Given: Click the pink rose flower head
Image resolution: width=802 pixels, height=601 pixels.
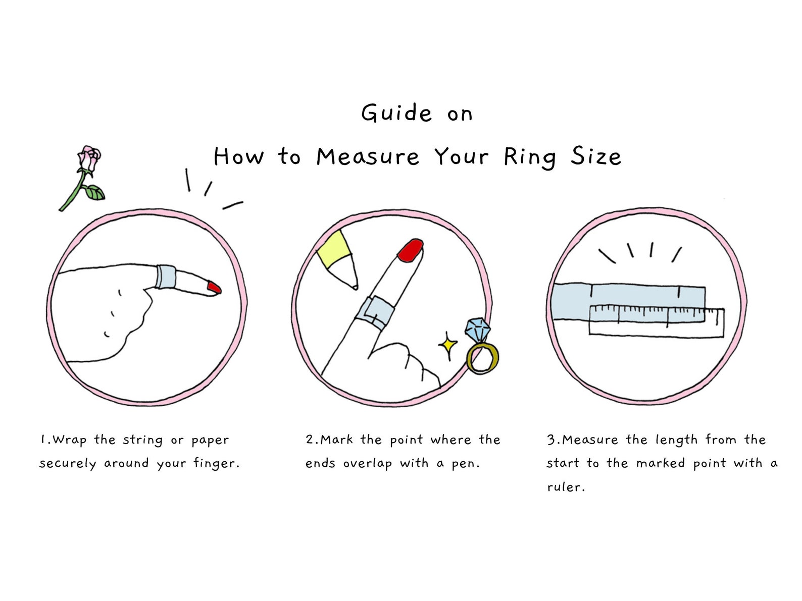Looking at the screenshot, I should pyautogui.click(x=89, y=158).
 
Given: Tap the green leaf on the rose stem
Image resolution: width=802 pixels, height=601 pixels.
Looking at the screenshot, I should pyautogui.click(x=94, y=192).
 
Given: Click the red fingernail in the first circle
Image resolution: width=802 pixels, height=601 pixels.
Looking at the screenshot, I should pyautogui.click(x=215, y=288).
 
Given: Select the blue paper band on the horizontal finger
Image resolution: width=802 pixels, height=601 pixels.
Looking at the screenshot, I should pyautogui.click(x=166, y=276).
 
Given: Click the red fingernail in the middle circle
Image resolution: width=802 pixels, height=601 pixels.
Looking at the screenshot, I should pyautogui.click(x=410, y=250).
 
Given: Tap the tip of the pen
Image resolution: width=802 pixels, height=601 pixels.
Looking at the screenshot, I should pyautogui.click(x=355, y=287).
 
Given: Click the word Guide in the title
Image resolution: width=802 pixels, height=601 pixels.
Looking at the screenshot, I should pyautogui.click(x=396, y=113).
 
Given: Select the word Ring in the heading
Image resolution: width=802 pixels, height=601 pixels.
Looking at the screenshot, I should pyautogui.click(x=530, y=157).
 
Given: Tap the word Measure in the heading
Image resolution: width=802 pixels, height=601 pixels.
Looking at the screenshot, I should pyautogui.click(x=368, y=157).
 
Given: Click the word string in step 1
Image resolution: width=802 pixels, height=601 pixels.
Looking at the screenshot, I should pyautogui.click(x=143, y=440).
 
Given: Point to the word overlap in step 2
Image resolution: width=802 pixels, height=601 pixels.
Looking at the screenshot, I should pyautogui.click(x=367, y=464).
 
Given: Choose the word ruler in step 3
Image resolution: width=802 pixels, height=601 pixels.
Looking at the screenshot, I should pyautogui.click(x=566, y=487).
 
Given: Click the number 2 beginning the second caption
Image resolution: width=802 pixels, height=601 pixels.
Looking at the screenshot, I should pyautogui.click(x=310, y=439).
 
